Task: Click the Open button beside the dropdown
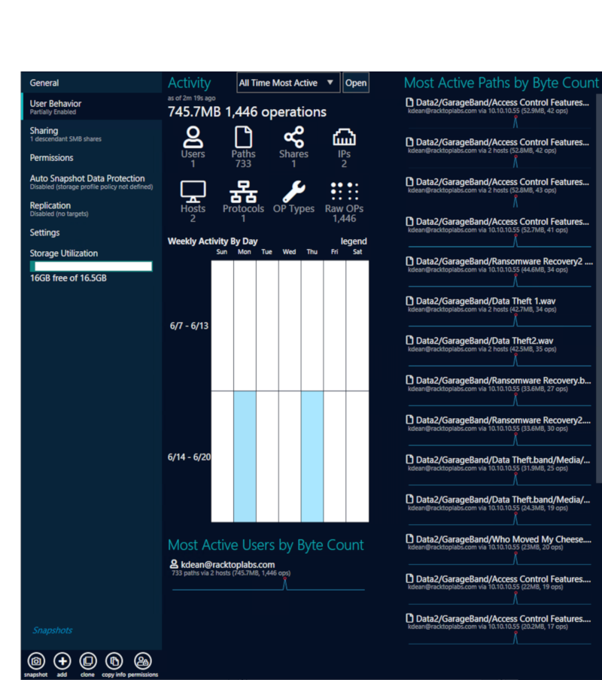pos(356,83)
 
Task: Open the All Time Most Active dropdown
pos(289,83)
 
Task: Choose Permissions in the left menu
pos(51,158)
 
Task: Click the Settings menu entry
pos(44,232)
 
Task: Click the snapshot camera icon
pos(35,661)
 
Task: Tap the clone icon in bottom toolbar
pos(87,661)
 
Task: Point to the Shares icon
pos(293,138)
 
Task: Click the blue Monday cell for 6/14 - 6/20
pos(245,456)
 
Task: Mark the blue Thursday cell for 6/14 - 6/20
pos(312,456)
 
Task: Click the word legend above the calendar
pos(354,241)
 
